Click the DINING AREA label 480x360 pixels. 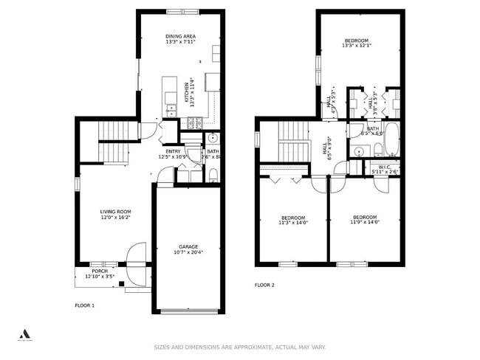180,35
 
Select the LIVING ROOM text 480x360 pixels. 114,212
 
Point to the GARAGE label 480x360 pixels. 188,246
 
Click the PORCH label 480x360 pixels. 100,271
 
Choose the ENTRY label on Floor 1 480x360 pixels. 173,151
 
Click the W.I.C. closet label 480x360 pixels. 384,167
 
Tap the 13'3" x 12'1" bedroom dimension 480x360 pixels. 356,46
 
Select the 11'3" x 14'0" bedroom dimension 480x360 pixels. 293,222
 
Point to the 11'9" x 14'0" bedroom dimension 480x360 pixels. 364,222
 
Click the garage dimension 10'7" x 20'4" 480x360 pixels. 188,252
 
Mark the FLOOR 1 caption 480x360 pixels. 85,305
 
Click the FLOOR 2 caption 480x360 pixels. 264,285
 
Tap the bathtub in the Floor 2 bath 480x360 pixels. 392,139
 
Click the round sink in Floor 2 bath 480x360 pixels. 359,151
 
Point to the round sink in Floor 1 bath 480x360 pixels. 213,137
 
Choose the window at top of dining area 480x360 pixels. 182,11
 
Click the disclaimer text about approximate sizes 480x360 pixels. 239,347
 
